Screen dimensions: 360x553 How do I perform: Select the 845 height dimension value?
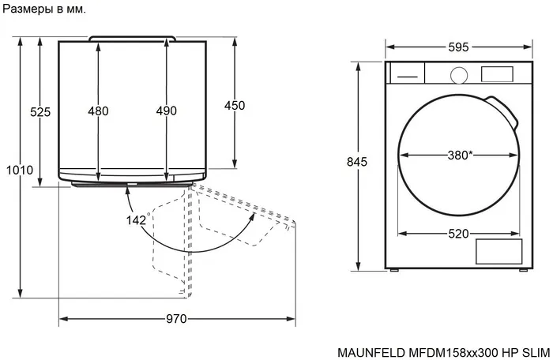[x=358, y=162]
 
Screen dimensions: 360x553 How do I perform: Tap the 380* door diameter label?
[x=460, y=156]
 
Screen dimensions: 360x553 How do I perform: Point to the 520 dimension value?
[x=459, y=234]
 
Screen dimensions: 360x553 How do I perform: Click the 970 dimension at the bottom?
[x=176, y=319]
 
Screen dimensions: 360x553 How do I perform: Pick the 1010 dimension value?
[x=20, y=171]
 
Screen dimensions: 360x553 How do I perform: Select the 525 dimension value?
[x=40, y=112]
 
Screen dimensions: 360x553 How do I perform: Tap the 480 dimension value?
[x=98, y=111]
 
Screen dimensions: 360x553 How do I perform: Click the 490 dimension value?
[x=166, y=111]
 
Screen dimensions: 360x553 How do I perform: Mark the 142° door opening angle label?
[x=137, y=220]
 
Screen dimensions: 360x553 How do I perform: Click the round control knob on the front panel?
[x=458, y=74]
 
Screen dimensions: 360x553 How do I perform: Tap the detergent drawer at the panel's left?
[x=408, y=74]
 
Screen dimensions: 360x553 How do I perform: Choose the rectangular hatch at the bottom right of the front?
[x=498, y=251]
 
